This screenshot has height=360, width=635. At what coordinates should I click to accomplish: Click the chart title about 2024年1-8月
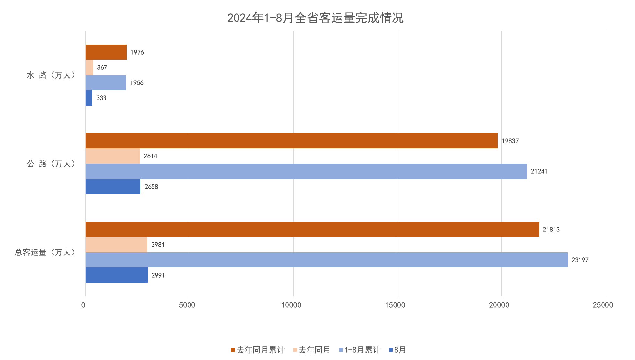(315, 18)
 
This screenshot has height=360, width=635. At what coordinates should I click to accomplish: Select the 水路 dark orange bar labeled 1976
(106, 52)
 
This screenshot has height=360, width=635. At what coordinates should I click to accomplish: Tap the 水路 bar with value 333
(89, 98)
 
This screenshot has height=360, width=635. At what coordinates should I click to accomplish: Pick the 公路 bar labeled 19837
(291, 141)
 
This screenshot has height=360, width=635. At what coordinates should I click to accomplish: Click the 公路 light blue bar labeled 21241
(306, 171)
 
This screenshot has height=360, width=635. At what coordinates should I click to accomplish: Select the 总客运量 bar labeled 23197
(326, 260)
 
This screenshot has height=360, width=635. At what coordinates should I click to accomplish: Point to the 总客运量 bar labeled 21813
(312, 229)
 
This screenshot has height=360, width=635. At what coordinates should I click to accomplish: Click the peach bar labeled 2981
(116, 244)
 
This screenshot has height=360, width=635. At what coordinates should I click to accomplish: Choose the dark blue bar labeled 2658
(113, 186)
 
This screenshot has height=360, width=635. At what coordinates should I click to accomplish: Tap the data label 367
(102, 68)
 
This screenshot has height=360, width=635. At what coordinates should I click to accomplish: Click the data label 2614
(151, 156)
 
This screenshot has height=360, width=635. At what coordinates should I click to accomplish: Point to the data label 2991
(158, 275)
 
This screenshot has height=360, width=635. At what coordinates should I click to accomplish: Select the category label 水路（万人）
(51, 75)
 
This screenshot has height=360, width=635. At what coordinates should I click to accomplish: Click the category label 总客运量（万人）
(45, 253)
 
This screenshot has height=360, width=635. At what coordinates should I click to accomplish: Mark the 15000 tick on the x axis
(395, 305)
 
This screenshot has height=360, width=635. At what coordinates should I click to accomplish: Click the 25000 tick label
(603, 305)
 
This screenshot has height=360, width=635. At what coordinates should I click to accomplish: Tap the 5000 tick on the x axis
(187, 305)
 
